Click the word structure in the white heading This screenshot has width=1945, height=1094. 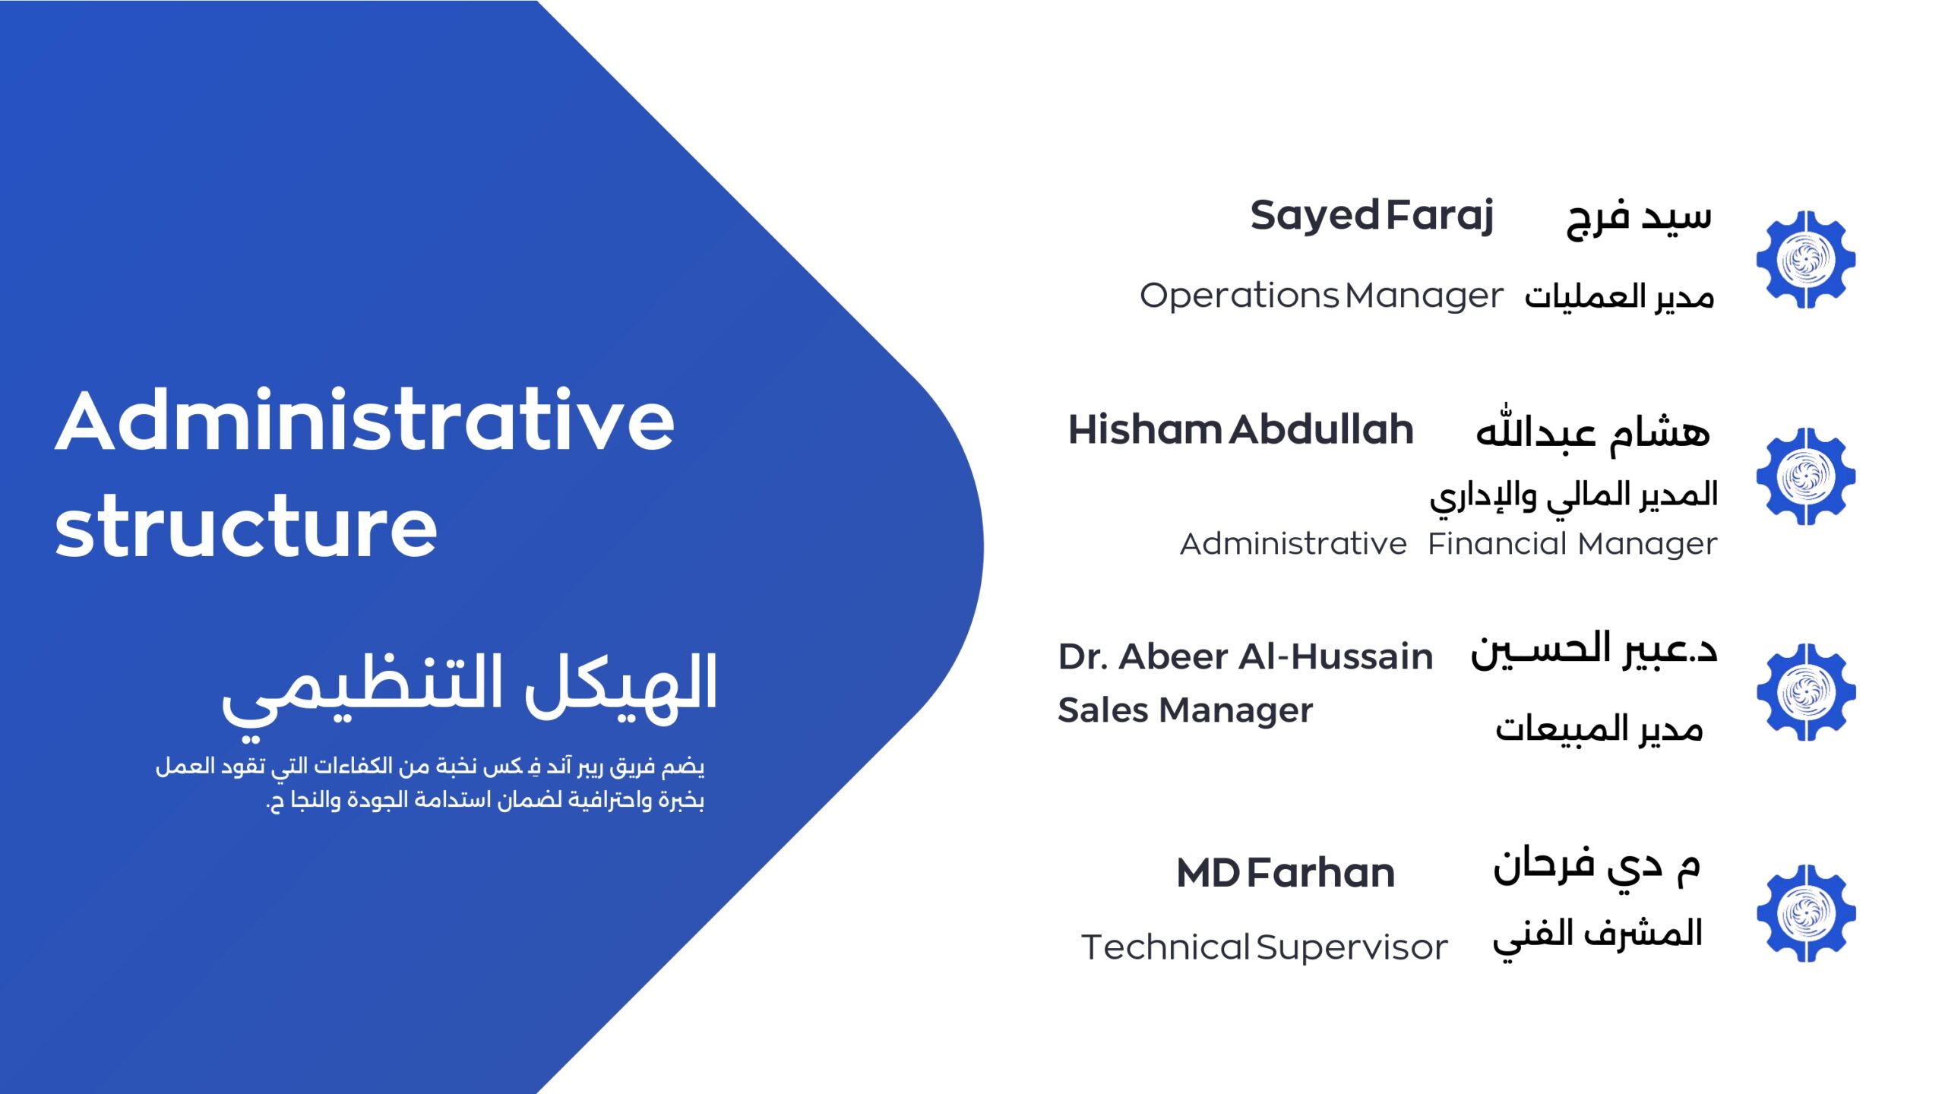246,526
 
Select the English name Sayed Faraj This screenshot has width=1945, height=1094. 1372,217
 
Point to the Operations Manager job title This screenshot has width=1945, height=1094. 1321,296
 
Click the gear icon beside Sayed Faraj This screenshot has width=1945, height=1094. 1806,260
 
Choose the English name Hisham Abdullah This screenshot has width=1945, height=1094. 1241,430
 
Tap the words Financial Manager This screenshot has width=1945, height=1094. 1572,544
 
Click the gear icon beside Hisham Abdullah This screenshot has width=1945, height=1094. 1806,476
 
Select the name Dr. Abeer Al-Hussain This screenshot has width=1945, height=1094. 1245,656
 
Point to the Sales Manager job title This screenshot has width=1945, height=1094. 1185,710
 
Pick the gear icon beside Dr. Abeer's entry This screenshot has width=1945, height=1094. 1806,692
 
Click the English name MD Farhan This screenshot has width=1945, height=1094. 1286,873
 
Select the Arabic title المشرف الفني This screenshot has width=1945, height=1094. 1598,937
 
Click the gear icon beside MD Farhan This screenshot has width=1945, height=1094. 1806,913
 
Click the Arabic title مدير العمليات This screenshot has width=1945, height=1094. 1619,296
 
